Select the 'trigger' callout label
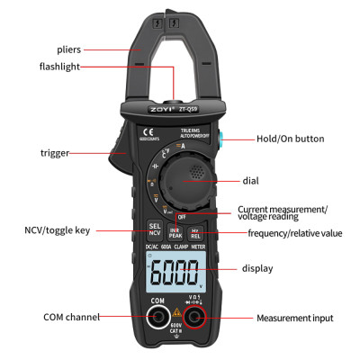(x=55, y=154)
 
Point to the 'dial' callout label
(x=250, y=180)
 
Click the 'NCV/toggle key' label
(x=56, y=230)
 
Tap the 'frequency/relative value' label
(x=295, y=233)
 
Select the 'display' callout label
(x=257, y=268)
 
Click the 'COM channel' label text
(x=72, y=317)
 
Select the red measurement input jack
(x=203, y=317)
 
